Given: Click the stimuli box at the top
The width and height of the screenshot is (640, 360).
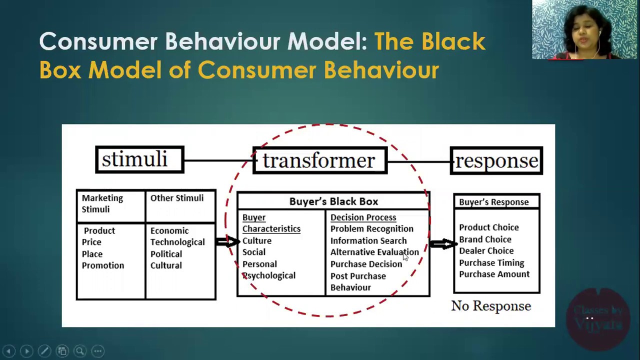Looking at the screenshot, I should (139, 160).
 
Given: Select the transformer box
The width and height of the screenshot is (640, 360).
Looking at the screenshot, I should (320, 160).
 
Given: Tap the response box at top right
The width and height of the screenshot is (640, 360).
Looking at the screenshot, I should (496, 160).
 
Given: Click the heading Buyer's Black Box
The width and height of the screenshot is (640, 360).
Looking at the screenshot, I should (333, 201).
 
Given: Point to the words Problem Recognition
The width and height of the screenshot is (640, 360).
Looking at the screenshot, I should (371, 229).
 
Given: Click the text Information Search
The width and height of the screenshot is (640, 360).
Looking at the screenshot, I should (368, 240).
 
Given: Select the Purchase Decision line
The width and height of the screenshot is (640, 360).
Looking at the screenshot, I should (366, 264).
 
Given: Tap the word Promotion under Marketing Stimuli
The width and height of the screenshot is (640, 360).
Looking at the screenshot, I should (103, 265).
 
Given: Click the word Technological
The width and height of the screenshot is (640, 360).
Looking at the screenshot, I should (177, 242).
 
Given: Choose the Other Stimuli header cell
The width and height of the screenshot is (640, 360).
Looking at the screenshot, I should (177, 198).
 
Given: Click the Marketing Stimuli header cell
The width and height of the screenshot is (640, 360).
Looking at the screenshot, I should (102, 203).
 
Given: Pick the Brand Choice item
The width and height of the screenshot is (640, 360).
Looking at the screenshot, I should (485, 239).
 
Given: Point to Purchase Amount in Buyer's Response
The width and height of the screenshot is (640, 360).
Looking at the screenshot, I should (494, 274).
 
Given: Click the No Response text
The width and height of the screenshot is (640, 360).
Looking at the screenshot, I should (491, 306).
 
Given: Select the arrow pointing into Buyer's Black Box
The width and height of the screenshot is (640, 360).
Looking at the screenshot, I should (228, 242).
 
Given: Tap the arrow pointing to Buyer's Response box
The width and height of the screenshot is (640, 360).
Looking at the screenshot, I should (443, 244).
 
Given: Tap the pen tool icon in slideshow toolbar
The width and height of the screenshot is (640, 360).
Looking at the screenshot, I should (44, 351).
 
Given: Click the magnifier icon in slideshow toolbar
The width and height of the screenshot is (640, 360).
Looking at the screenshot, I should (80, 351).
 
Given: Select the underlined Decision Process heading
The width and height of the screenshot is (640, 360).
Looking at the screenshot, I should (363, 217).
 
